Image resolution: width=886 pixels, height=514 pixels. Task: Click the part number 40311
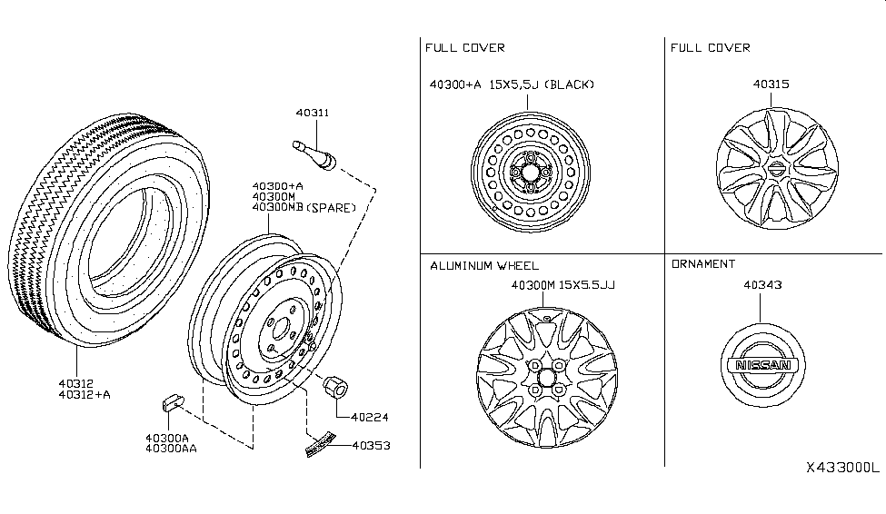(x=312, y=114)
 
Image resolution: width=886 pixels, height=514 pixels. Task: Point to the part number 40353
(x=371, y=446)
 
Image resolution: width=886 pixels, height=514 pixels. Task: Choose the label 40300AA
(x=172, y=450)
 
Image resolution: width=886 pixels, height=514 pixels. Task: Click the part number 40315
(x=771, y=84)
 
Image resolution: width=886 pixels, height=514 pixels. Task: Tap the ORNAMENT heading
(x=702, y=264)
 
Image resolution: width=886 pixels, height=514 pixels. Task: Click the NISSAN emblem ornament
(x=763, y=365)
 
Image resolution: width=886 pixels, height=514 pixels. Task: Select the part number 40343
(x=763, y=285)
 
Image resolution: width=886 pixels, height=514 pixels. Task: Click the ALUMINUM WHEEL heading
(x=484, y=265)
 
